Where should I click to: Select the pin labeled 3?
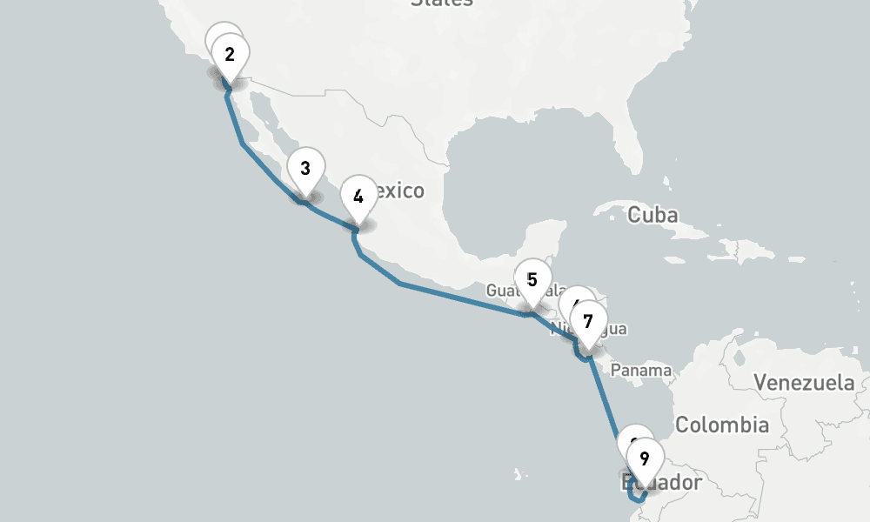click(x=305, y=169)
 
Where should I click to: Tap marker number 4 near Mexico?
click(x=358, y=197)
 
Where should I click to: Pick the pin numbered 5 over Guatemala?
click(x=532, y=280)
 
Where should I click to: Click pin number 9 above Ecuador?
click(x=644, y=458)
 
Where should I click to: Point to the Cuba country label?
click(x=652, y=214)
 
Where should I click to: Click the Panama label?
click(x=641, y=371)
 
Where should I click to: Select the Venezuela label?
click(x=804, y=382)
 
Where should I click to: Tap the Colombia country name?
click(x=722, y=425)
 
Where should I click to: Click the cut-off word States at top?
click(x=442, y=3)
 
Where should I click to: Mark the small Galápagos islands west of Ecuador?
click(x=519, y=475)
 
